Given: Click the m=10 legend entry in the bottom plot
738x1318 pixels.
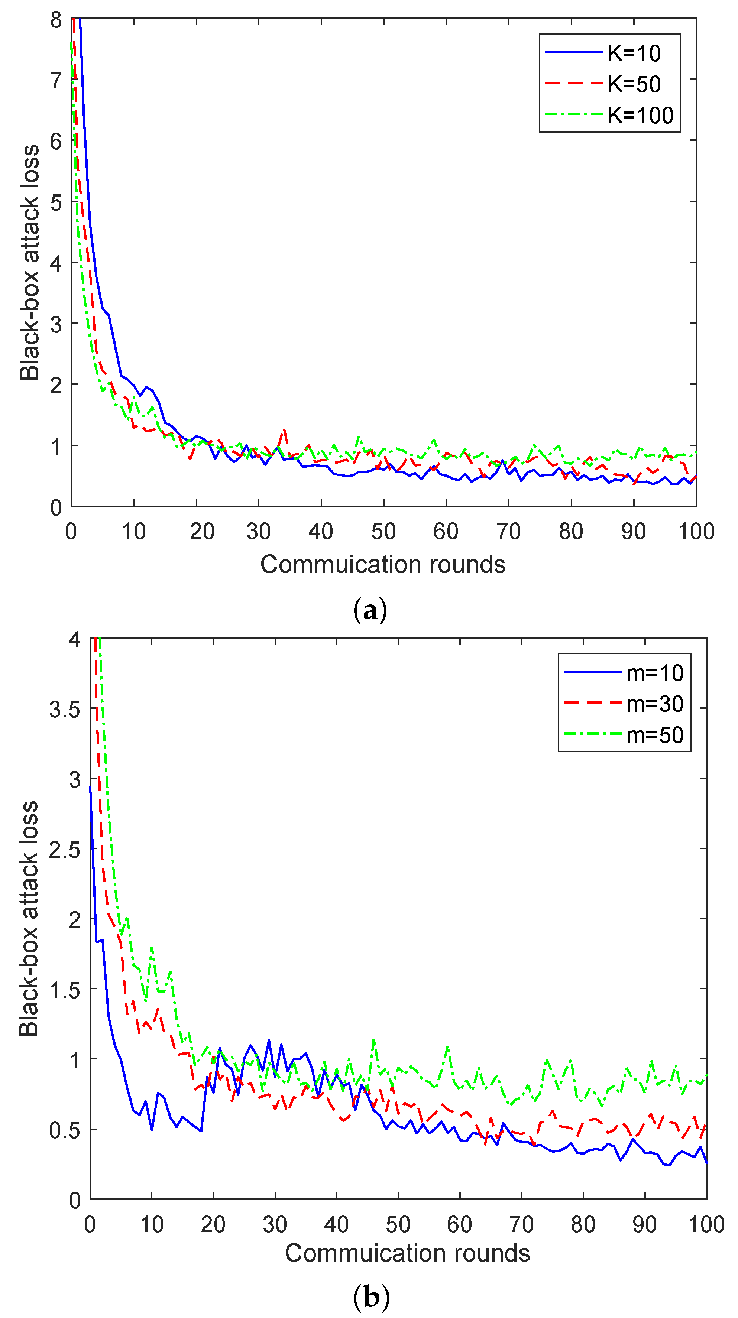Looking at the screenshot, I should tap(655, 673).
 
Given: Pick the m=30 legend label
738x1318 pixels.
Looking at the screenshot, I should tap(655, 704).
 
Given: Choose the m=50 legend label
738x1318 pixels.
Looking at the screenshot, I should tap(655, 735).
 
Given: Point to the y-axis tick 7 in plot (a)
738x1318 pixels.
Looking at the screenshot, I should tap(56, 80).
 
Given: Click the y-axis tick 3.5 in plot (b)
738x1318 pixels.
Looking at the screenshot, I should tap(65, 709).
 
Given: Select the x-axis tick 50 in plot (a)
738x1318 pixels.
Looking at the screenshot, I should tap(383, 532).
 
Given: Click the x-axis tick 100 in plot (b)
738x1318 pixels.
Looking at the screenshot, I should tap(706, 1224).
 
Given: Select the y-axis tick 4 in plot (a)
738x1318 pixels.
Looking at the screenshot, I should tap(56, 263).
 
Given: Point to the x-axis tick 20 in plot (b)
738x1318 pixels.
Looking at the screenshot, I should tap(213, 1224).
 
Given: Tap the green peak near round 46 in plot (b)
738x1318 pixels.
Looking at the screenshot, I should tap(373, 1039).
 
